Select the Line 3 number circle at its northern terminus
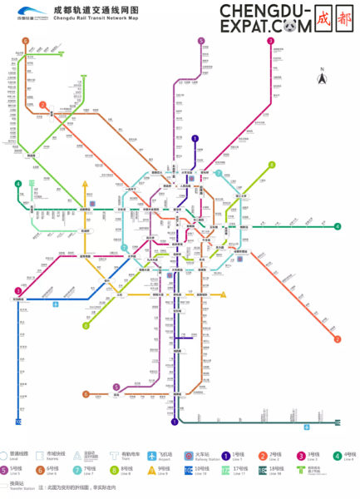(270, 41)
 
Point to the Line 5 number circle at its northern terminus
(201, 41)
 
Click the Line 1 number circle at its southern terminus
(175, 422)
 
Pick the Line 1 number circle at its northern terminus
(195, 139)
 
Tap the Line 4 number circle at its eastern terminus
(338, 226)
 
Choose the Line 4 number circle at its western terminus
(17, 184)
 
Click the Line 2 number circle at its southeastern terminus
(338, 338)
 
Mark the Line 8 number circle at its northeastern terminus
(271, 165)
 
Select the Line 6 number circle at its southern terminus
(86, 394)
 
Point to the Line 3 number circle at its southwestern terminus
(17, 290)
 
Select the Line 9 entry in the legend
(153, 471)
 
